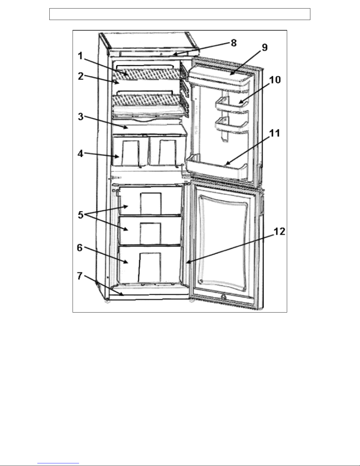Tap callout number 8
click(x=233, y=43)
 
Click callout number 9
click(x=264, y=48)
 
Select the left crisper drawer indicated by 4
click(x=129, y=150)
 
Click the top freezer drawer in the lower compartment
click(x=150, y=201)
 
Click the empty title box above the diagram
click(x=180, y=14)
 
